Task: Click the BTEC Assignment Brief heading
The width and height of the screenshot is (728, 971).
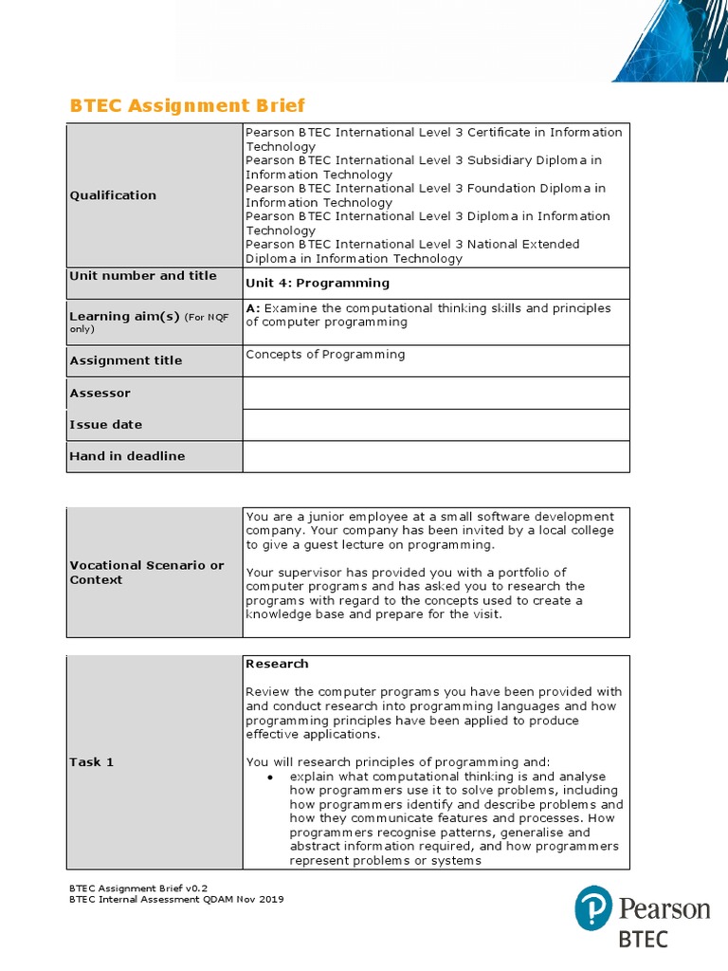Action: [x=188, y=105]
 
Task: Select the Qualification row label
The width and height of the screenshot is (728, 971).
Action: [x=113, y=195]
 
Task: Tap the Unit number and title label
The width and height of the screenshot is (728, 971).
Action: [x=143, y=276]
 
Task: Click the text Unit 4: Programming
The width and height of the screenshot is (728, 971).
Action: [x=318, y=283]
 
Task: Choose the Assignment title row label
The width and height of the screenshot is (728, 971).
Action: [x=126, y=360]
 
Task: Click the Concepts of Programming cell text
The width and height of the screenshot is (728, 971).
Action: [x=325, y=355]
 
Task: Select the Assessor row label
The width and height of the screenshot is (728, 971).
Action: [x=100, y=393]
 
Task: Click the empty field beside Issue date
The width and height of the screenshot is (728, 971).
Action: [x=436, y=425]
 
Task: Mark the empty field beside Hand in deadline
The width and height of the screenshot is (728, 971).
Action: [x=436, y=456]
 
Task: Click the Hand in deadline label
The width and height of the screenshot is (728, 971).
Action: [x=128, y=456]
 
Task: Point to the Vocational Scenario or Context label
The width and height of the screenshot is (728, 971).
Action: [x=147, y=572]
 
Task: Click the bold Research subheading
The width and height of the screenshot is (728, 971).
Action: [x=277, y=664]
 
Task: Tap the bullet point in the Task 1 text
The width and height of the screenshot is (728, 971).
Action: [x=270, y=778]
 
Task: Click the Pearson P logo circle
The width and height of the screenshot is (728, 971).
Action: [x=593, y=908]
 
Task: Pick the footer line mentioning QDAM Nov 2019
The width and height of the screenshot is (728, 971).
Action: [x=176, y=899]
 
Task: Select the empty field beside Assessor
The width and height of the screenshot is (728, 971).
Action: [x=436, y=393]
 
